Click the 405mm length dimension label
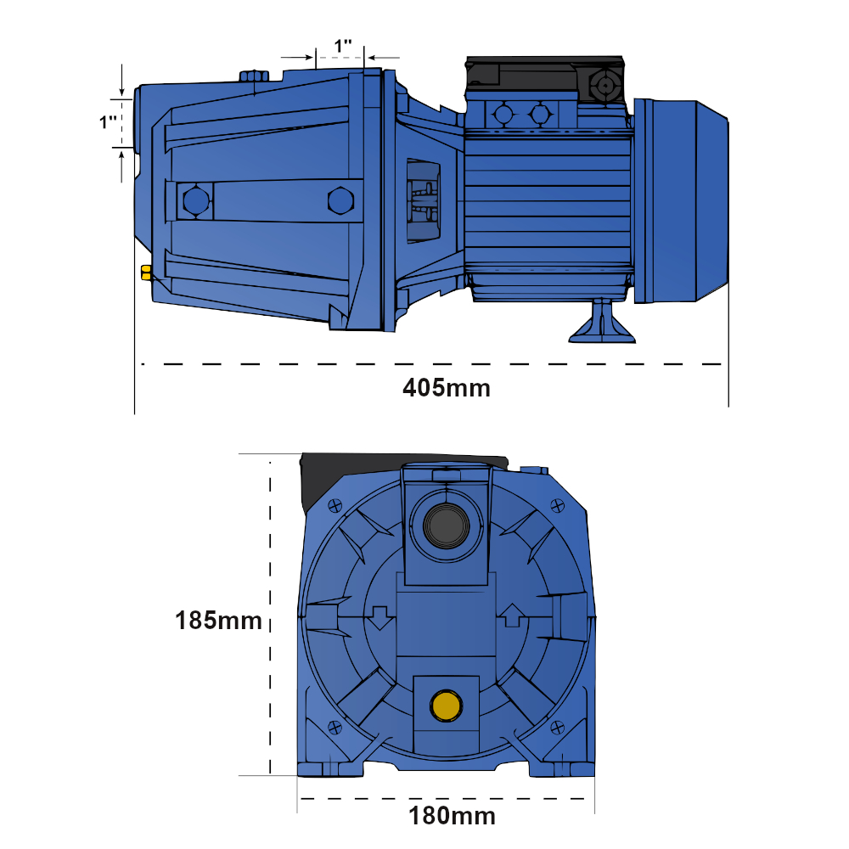(x=447, y=388)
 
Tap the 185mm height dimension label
(x=219, y=621)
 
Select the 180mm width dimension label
(x=453, y=816)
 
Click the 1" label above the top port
(x=343, y=46)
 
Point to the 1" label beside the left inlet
(x=109, y=121)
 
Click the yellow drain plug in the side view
(x=146, y=273)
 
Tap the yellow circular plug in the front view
(x=447, y=705)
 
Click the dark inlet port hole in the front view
(x=447, y=526)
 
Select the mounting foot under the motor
(x=602, y=322)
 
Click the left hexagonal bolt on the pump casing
(x=196, y=201)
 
